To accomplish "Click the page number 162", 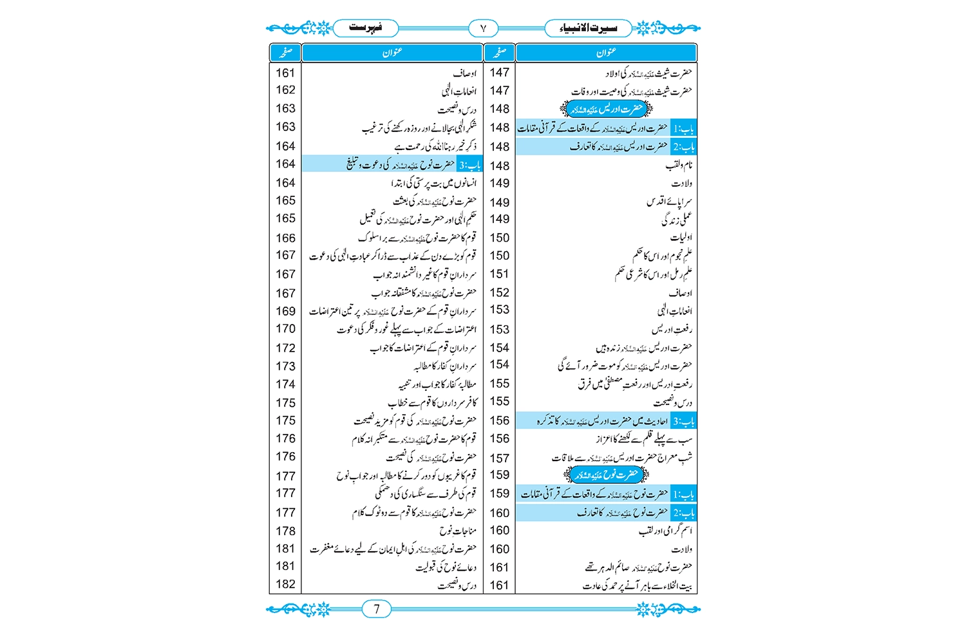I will click(x=285, y=90).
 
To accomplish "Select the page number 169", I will click(x=285, y=311).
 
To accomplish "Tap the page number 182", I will click(x=285, y=584).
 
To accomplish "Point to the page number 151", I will click(x=499, y=274).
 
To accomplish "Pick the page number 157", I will click(x=499, y=458).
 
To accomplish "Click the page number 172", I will click(x=285, y=348).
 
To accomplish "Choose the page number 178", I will click(x=285, y=531).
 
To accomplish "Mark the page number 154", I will click(x=499, y=348).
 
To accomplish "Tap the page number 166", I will click(x=285, y=238).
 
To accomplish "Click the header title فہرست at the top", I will click(x=365, y=28).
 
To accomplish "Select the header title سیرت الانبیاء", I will click(x=588, y=28).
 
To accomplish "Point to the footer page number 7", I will click(x=377, y=609).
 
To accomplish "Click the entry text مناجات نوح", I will click(x=458, y=531).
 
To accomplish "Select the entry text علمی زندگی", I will click(x=676, y=220).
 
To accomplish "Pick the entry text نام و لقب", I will click(x=679, y=166).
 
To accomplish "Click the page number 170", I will click(x=285, y=329).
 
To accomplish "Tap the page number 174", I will click(x=285, y=384).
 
